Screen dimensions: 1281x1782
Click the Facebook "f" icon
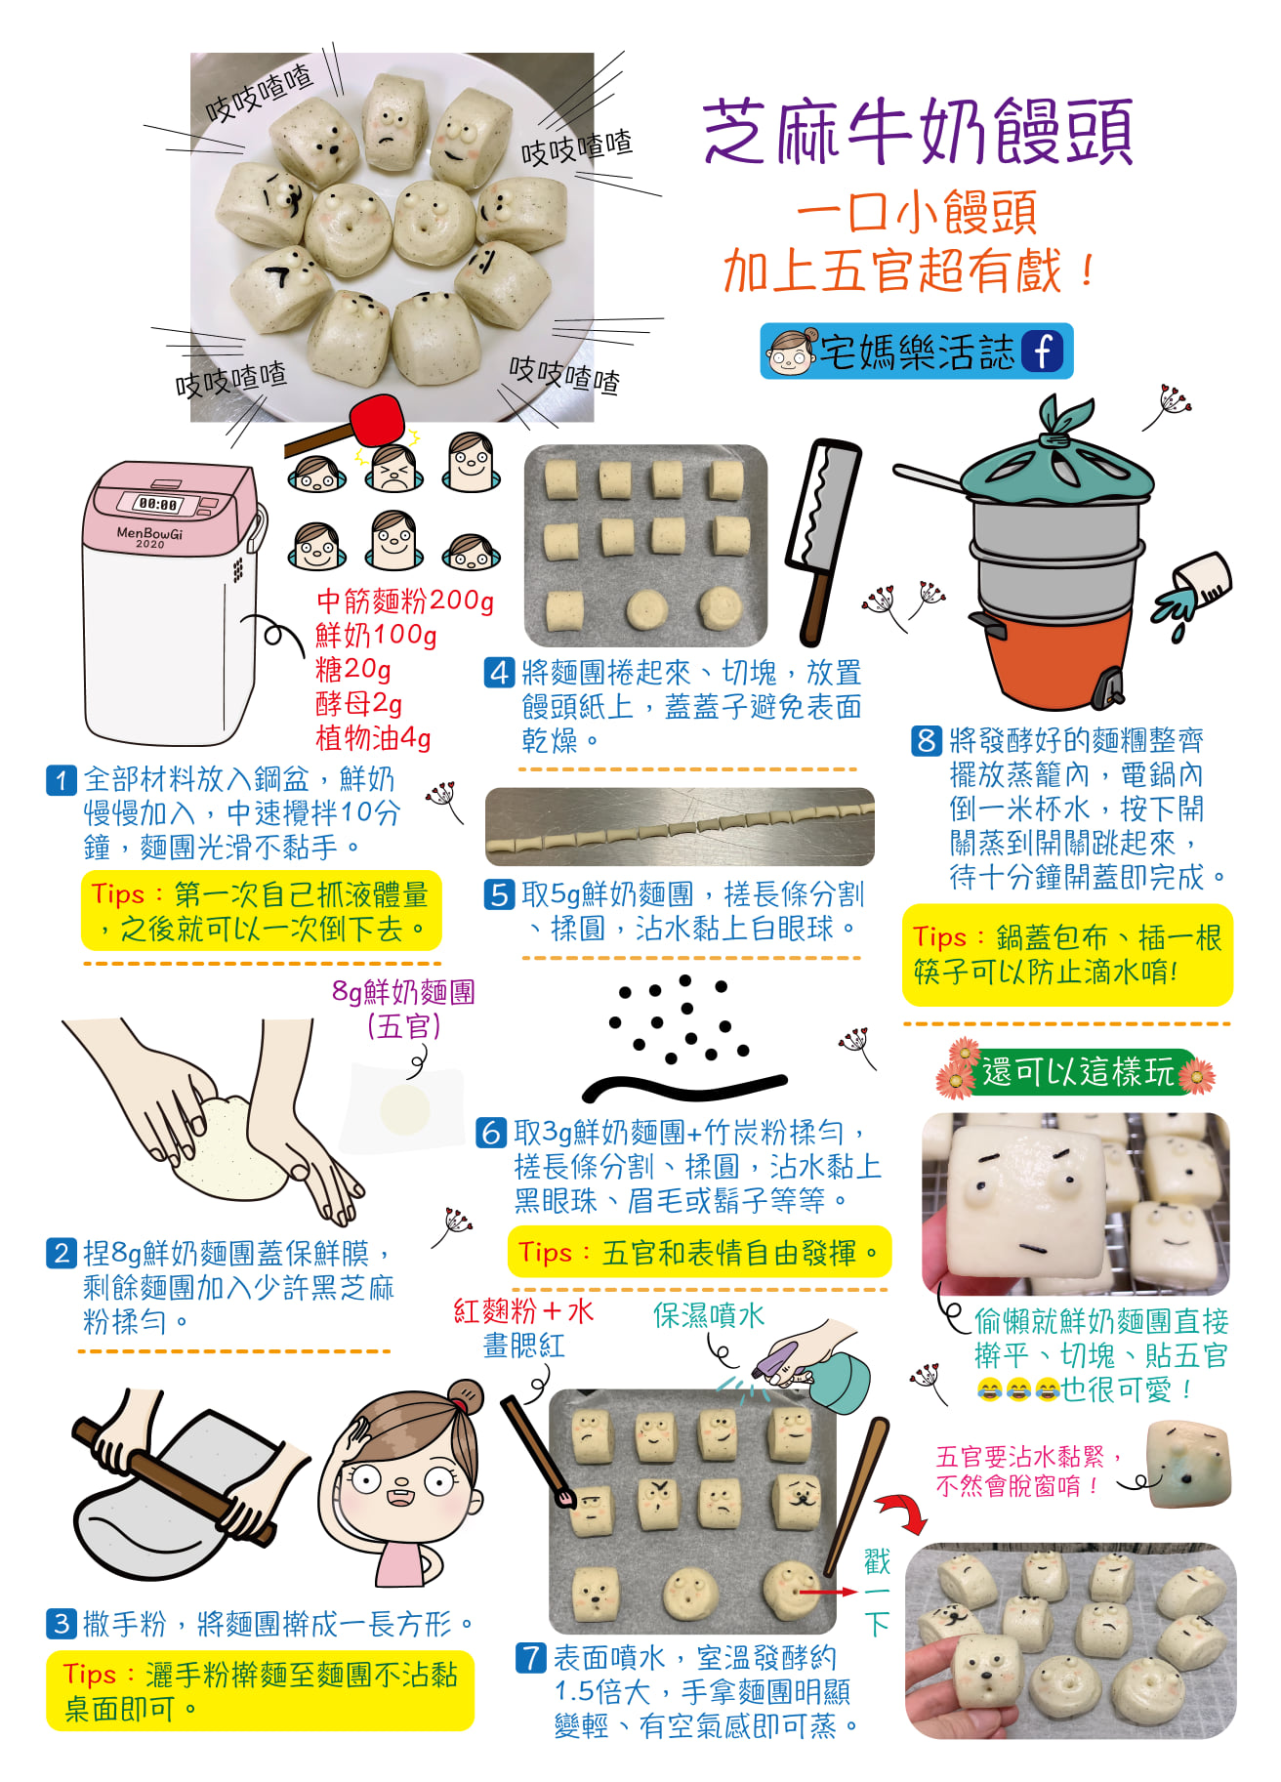tap(1042, 351)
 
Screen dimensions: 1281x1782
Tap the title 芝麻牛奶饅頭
tap(918, 131)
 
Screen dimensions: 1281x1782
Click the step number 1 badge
tap(62, 779)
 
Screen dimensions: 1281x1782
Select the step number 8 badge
tap(926, 740)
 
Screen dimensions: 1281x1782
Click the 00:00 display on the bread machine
tap(159, 505)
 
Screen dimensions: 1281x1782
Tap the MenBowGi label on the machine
tap(149, 535)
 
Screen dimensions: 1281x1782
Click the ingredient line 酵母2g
tap(358, 703)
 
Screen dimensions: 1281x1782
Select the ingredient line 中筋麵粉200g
tap(405, 600)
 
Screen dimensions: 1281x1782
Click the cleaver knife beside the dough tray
tap(823, 542)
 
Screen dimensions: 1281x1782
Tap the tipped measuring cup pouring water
tap(1195, 585)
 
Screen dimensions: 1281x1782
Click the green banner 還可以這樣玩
tap(1077, 1071)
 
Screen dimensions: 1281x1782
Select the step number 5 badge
tap(499, 893)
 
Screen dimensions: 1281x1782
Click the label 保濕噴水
tap(709, 1315)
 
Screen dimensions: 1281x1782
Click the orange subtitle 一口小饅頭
tap(917, 213)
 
